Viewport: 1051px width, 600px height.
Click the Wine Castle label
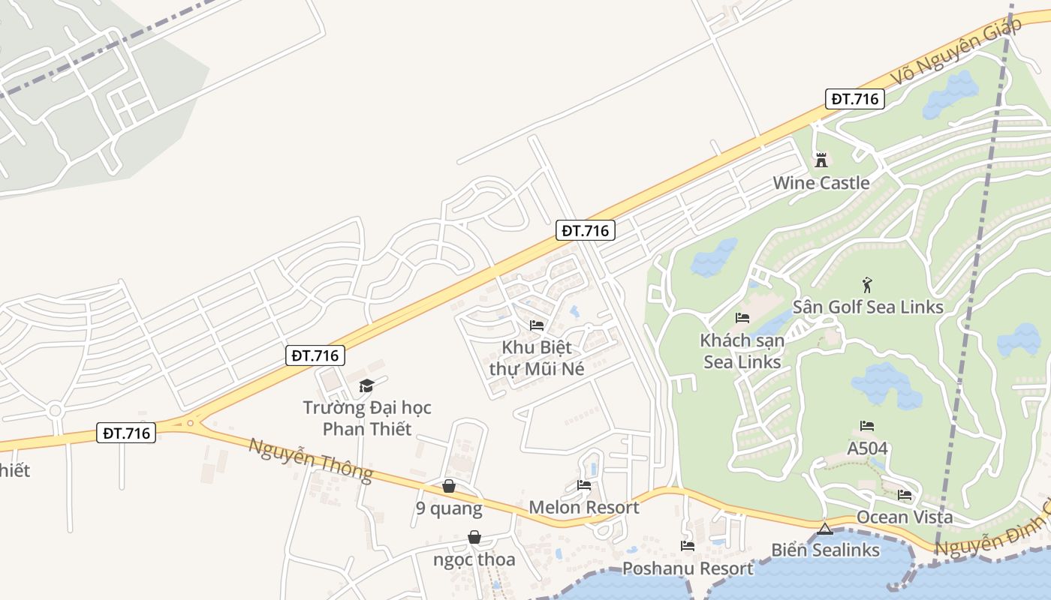tap(821, 182)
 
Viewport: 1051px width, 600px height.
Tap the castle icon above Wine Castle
tap(821, 160)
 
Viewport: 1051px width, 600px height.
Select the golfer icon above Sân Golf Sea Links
tap(867, 285)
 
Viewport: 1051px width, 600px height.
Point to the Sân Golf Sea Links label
tap(868, 307)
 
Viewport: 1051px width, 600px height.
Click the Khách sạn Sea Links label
tap(742, 350)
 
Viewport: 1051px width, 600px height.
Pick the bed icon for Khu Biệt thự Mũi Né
tap(536, 325)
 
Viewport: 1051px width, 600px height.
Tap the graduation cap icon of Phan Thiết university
tap(366, 385)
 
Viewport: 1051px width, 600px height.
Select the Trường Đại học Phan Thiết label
tap(367, 418)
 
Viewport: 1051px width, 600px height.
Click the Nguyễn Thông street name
tap(311, 458)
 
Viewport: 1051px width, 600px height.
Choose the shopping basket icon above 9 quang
tap(449, 486)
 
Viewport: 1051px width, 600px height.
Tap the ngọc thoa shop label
tap(474, 559)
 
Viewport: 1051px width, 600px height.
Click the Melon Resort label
tap(584, 507)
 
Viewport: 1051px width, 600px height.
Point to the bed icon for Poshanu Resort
tap(687, 546)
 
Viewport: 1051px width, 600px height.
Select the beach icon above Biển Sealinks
tap(825, 528)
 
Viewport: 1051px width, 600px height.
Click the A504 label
tap(867, 448)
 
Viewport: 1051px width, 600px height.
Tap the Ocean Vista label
tap(905, 517)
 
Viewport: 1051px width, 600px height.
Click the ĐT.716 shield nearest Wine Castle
tap(855, 99)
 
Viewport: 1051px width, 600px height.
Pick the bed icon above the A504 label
tap(867, 426)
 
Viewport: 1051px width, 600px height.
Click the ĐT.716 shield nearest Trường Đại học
tap(315, 355)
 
